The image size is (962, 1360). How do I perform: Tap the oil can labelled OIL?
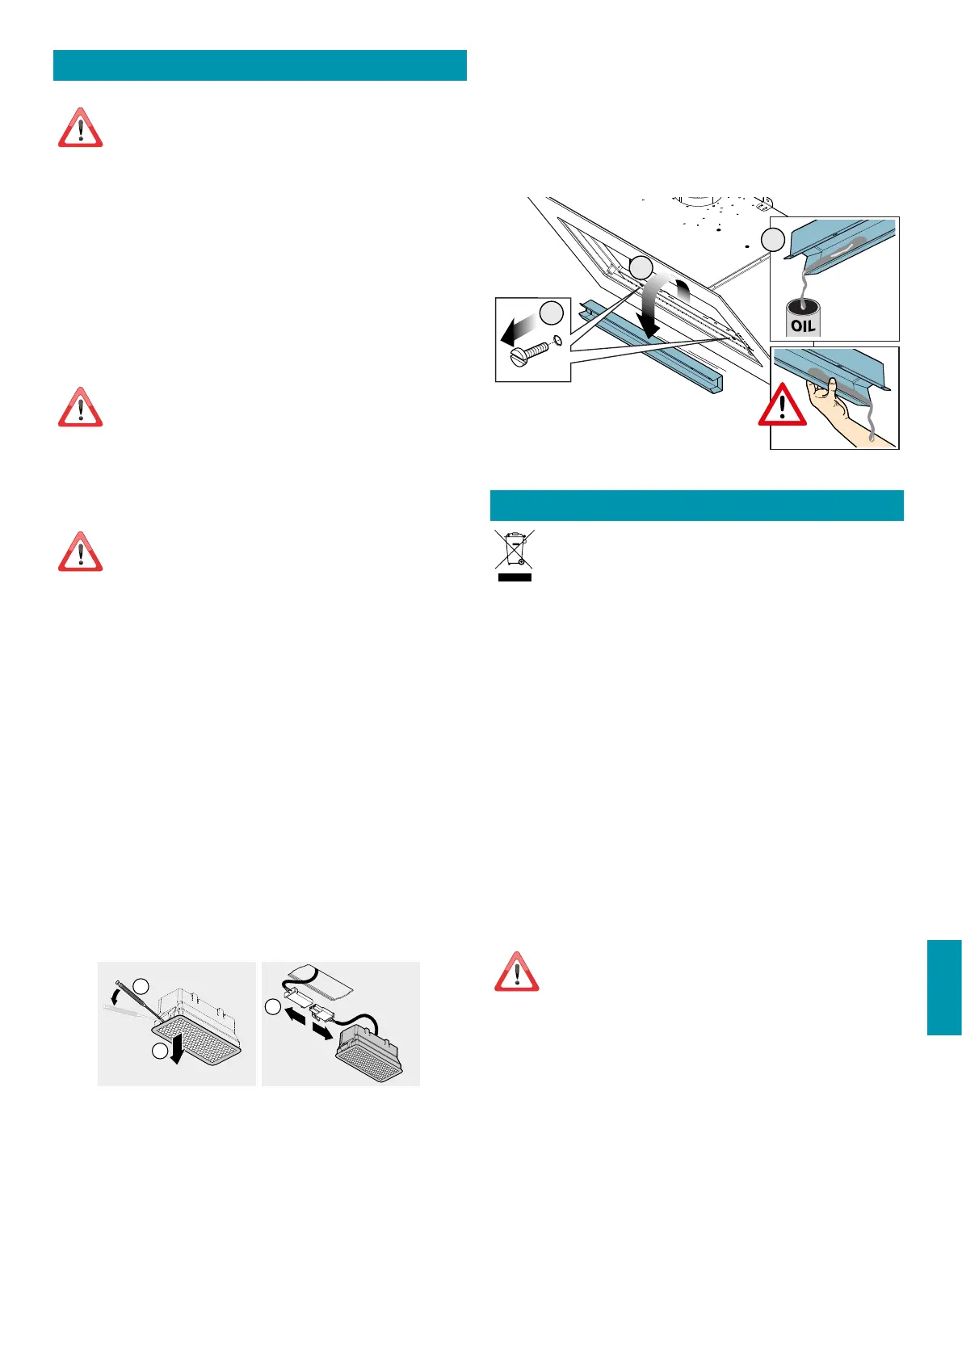pos(803,319)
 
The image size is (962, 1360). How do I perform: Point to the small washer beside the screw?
pos(557,342)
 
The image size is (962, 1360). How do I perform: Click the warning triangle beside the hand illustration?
pos(782,406)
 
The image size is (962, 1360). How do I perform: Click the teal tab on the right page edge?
pos(944,987)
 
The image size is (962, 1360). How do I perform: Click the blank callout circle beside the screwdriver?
pos(141,986)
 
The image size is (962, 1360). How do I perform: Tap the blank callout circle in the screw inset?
pos(552,313)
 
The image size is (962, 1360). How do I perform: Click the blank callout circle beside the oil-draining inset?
pos(774,239)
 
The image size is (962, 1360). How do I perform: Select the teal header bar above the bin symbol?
pos(696,506)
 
